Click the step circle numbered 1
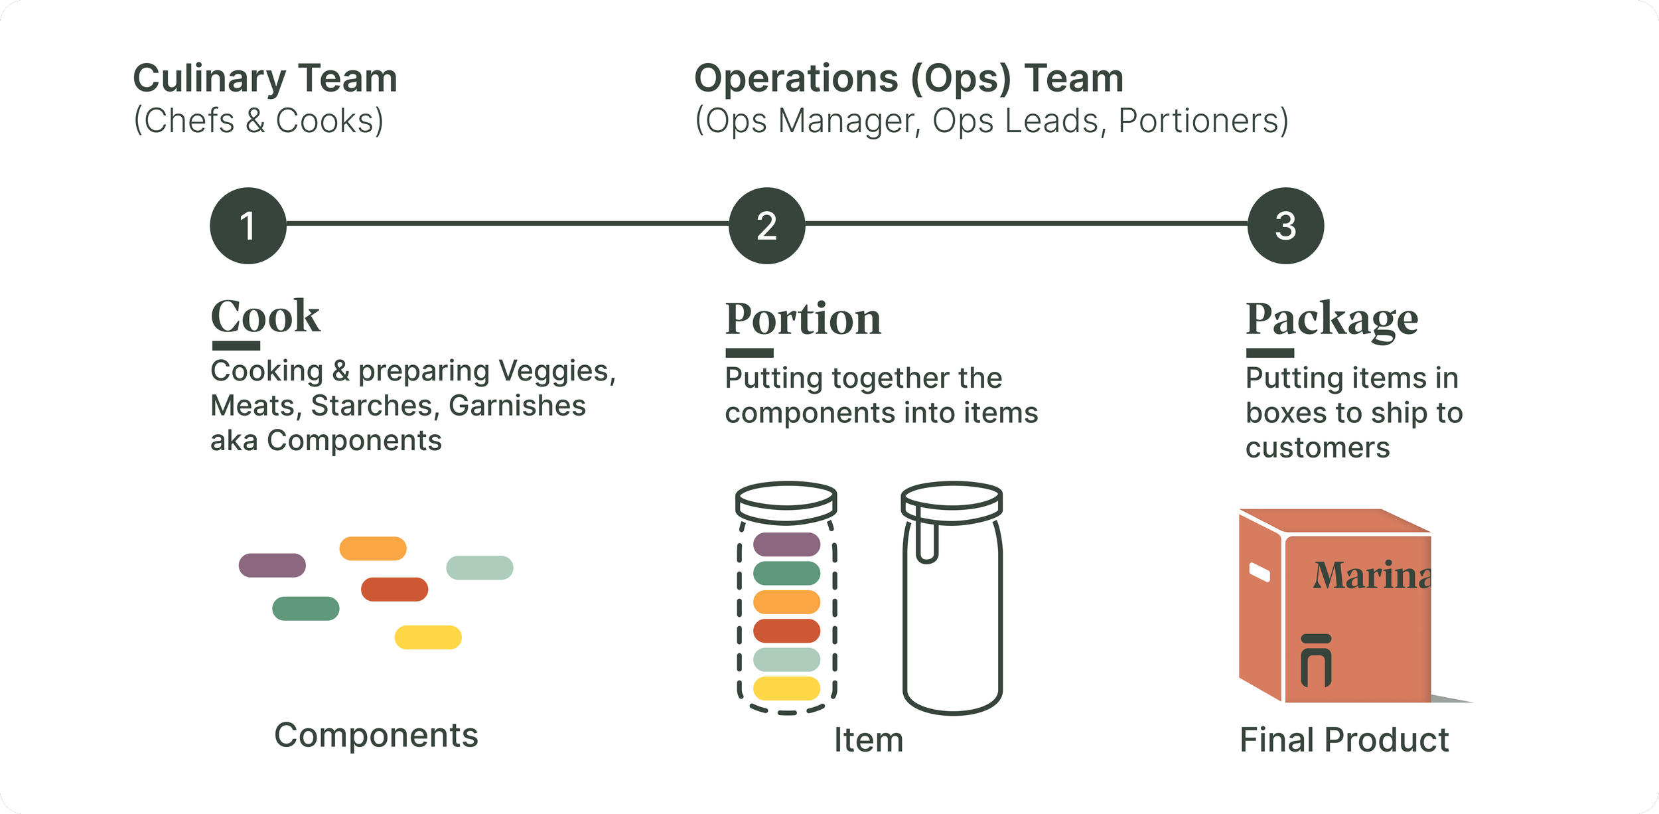(x=248, y=226)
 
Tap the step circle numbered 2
(x=766, y=226)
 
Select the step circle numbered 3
(x=1285, y=226)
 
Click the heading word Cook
(x=265, y=317)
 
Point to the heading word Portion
(x=803, y=319)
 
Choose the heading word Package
(x=1332, y=319)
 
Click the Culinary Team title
(x=265, y=78)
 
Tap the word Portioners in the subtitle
(x=1203, y=121)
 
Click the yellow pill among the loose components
(x=428, y=637)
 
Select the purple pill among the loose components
(x=272, y=565)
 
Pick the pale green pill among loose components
(x=479, y=568)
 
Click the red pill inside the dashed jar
(x=786, y=631)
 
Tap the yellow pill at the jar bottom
(x=786, y=689)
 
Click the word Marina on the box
(x=1371, y=576)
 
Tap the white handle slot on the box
(x=1259, y=572)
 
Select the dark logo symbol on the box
(x=1316, y=660)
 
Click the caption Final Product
(x=1344, y=740)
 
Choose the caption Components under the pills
(x=376, y=736)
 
